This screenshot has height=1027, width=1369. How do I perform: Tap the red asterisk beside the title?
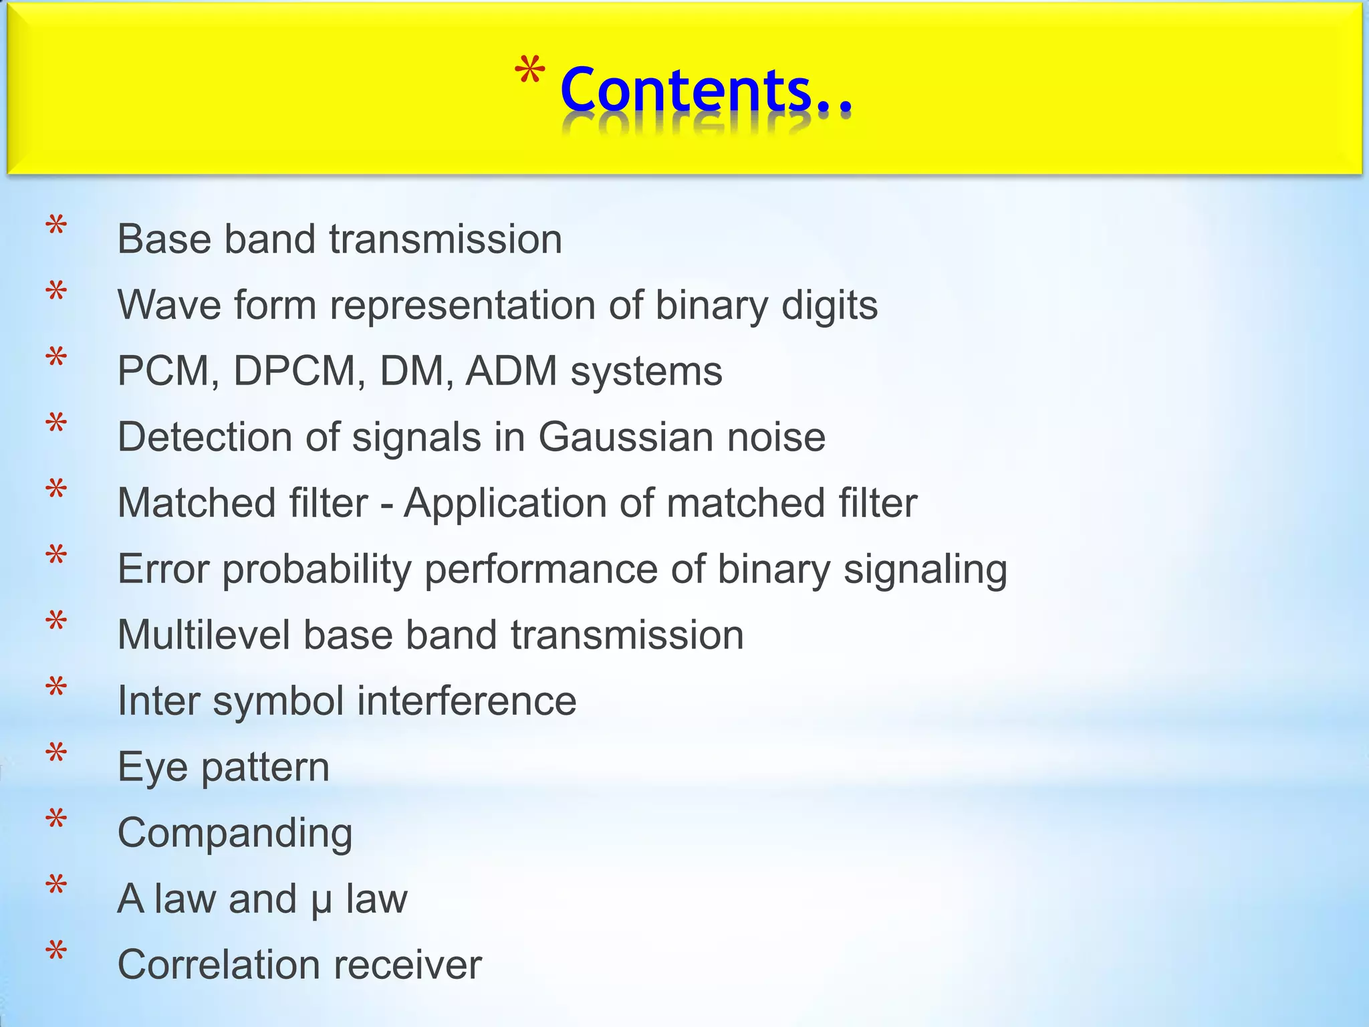coord(529,74)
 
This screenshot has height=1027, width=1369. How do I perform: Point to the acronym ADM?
coord(511,371)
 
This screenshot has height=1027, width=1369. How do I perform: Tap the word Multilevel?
coord(204,635)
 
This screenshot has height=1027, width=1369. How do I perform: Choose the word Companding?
coord(235,834)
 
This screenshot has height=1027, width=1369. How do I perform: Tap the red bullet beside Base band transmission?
coord(56,227)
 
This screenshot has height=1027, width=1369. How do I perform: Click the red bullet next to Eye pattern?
coord(56,755)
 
